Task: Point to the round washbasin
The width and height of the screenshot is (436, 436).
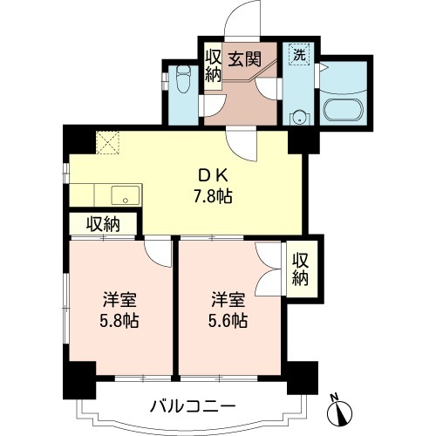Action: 301,115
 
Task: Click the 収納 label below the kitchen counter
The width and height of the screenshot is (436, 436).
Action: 103,224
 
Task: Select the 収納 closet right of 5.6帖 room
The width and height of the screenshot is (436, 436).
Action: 301,269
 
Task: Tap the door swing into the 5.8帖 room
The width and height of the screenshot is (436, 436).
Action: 159,252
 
